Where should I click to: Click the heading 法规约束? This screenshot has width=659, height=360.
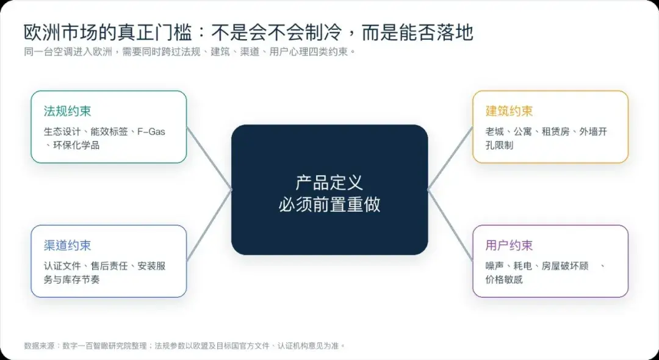coord(67,111)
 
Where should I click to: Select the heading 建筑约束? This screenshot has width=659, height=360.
coord(509,111)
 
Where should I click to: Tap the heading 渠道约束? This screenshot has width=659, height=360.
coord(67,246)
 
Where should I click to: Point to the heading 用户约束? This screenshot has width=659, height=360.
coord(509,246)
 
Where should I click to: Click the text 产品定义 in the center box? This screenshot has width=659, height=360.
coord(329,183)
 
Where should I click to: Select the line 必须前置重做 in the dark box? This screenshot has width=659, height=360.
coord(329,204)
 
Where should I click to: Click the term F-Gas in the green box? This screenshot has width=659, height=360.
coord(151,131)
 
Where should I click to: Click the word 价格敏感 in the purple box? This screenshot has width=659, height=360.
coord(504,280)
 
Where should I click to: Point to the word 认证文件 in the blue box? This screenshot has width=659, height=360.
coord(62,266)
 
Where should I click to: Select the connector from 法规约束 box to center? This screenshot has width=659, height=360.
coord(209,159)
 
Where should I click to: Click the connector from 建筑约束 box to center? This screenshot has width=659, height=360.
coord(450,159)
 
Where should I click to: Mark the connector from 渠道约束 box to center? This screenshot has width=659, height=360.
coord(209,225)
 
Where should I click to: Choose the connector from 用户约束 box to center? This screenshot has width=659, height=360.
coord(450,225)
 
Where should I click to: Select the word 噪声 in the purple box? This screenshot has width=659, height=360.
coord(495,266)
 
